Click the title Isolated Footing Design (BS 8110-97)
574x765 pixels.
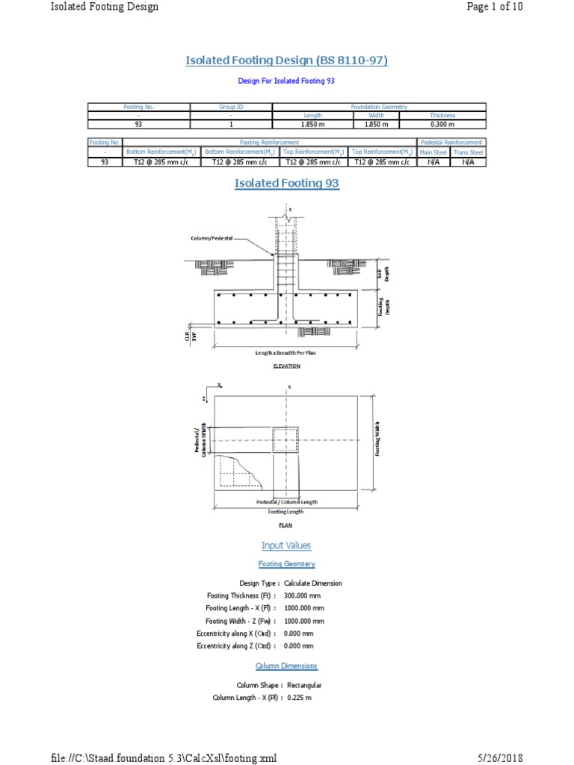287,60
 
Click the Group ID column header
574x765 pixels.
231,107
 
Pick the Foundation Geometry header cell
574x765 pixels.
379,107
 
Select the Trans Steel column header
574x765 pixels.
469,152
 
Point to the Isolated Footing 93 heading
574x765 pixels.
287,183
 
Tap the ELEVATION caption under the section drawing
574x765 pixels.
286,366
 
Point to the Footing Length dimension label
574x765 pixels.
286,512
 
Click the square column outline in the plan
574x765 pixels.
286,441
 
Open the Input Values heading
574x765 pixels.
286,545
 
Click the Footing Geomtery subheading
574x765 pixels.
286,564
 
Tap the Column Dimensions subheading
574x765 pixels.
286,666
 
